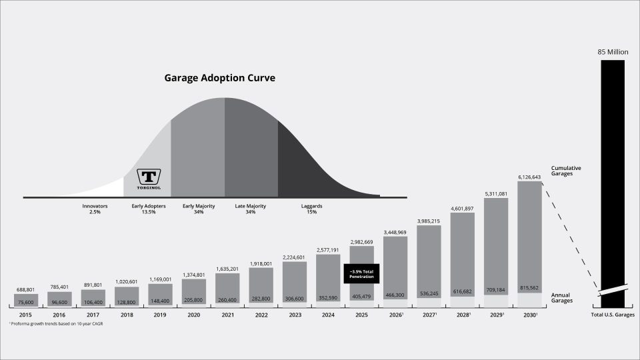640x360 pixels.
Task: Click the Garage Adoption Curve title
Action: click(x=220, y=78)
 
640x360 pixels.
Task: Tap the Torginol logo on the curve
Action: click(x=147, y=178)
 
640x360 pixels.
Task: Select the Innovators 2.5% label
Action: click(x=95, y=209)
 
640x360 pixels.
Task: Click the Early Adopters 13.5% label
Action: click(x=149, y=209)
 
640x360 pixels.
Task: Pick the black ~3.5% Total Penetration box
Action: click(x=362, y=273)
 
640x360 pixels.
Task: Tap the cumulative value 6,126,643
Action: click(x=531, y=177)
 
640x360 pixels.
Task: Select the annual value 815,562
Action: click(x=531, y=288)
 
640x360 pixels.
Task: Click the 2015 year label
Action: click(x=26, y=315)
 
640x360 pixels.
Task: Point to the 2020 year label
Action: click(x=194, y=315)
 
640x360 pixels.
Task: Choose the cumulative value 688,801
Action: click(x=26, y=289)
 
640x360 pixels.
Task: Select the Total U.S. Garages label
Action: click(x=613, y=315)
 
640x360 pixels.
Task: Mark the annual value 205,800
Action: click(x=194, y=300)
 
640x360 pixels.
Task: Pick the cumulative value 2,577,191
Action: click(x=329, y=249)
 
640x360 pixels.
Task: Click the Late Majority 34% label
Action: click(x=251, y=209)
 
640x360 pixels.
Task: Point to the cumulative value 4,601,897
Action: click(x=463, y=208)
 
